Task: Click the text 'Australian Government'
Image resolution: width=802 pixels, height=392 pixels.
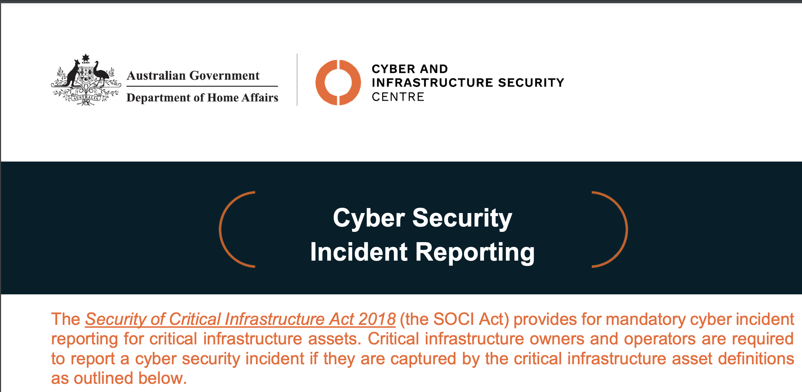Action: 193,76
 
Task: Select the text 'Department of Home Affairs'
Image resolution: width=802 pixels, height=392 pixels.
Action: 202,98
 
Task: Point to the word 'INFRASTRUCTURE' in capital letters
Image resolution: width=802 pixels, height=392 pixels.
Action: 433,83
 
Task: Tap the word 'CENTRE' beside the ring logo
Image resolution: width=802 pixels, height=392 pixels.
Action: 398,97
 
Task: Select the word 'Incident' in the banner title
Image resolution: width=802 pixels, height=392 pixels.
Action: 359,252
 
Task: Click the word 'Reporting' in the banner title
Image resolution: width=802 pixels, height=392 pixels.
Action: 475,253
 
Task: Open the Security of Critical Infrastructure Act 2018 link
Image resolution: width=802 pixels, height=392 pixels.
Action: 240,319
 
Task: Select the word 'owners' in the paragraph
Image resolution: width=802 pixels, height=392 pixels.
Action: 557,339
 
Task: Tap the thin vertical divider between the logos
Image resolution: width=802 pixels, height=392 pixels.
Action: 297,80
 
